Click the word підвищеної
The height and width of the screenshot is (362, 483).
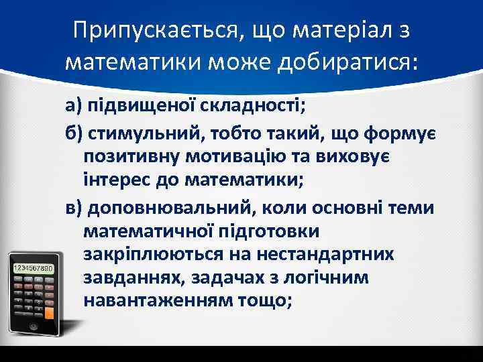pyautogui.click(x=139, y=106)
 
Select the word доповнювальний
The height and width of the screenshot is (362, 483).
pyautogui.click(x=170, y=208)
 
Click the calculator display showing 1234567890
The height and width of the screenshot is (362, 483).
pyautogui.click(x=34, y=268)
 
